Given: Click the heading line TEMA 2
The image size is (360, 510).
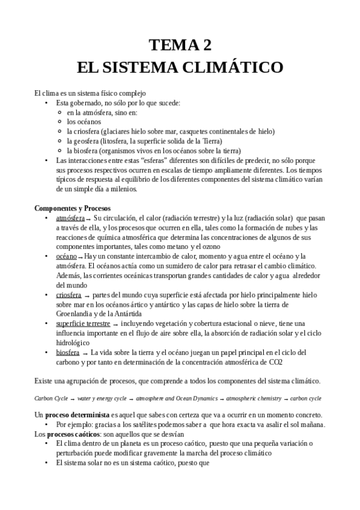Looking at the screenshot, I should pos(180,45).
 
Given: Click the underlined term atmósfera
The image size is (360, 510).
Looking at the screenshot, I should pos(70,218).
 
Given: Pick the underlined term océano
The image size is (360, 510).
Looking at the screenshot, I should pos(66,256).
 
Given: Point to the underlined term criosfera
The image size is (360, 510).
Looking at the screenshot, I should pos(69,295).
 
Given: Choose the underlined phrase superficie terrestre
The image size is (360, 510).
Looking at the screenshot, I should pos(83,324).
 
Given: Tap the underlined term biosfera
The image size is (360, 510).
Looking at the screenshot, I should pos(67,352).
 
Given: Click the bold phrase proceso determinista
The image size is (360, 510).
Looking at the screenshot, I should pos(76,415).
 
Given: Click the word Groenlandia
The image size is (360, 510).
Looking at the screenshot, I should pos(77,314).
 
